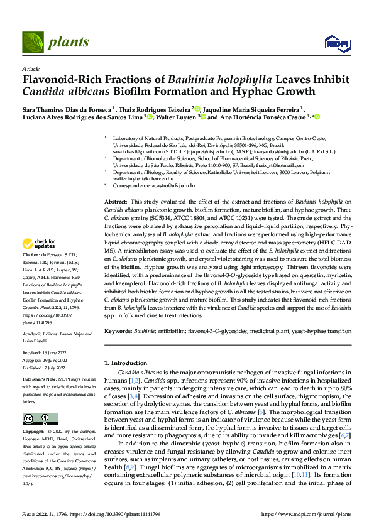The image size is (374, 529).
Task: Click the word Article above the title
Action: click(30, 68)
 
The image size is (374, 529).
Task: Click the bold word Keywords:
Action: click(118, 330)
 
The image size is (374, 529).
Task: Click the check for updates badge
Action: click(39, 243)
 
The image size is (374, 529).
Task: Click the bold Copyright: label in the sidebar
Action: click(35, 433)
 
